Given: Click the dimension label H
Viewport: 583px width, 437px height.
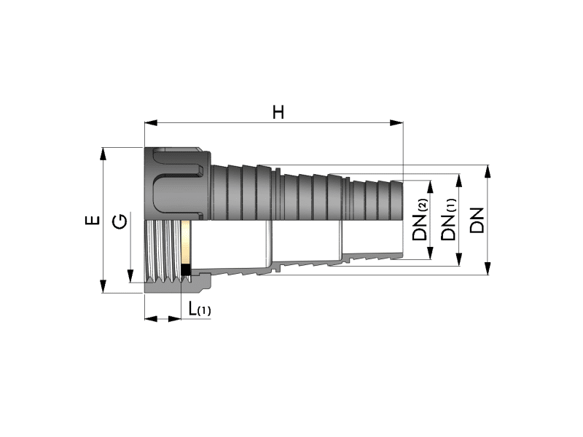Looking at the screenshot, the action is (278, 112).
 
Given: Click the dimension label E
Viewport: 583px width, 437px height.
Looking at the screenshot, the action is (93, 220).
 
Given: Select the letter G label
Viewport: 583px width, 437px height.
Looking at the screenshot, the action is (120, 223).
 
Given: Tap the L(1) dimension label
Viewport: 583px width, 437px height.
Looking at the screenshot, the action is (199, 309).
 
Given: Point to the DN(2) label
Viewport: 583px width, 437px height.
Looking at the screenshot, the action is (420, 219).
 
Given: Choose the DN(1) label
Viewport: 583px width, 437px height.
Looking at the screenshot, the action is (448, 219).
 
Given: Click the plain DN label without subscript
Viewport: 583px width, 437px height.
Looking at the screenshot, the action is (477, 221).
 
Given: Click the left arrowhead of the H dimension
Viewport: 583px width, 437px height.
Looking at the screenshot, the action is (151, 123).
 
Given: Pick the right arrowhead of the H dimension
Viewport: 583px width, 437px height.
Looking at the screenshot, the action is (396, 123).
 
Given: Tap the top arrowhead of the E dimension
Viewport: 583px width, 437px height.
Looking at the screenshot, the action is (103, 154).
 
